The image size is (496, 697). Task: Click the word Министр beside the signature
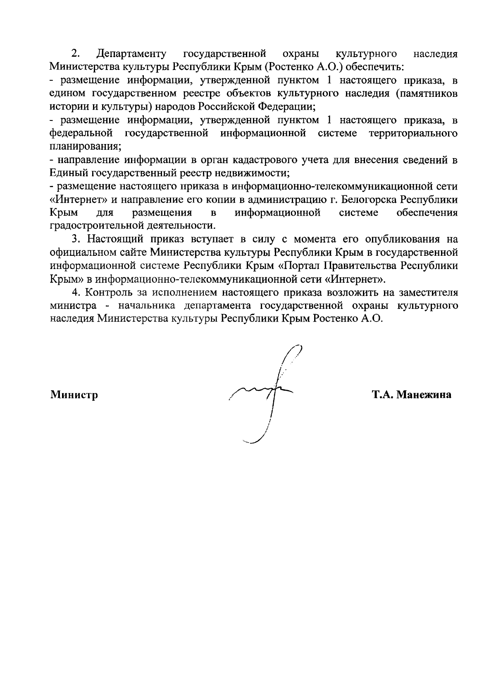click(74, 395)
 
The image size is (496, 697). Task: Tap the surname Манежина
click(424, 395)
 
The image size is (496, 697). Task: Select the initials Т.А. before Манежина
click(383, 395)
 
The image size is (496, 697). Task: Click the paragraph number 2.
click(75, 54)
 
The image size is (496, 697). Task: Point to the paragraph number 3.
click(75, 239)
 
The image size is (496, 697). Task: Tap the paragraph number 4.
click(75, 292)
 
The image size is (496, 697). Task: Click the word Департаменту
click(131, 54)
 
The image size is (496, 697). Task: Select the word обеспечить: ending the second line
click(371, 67)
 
